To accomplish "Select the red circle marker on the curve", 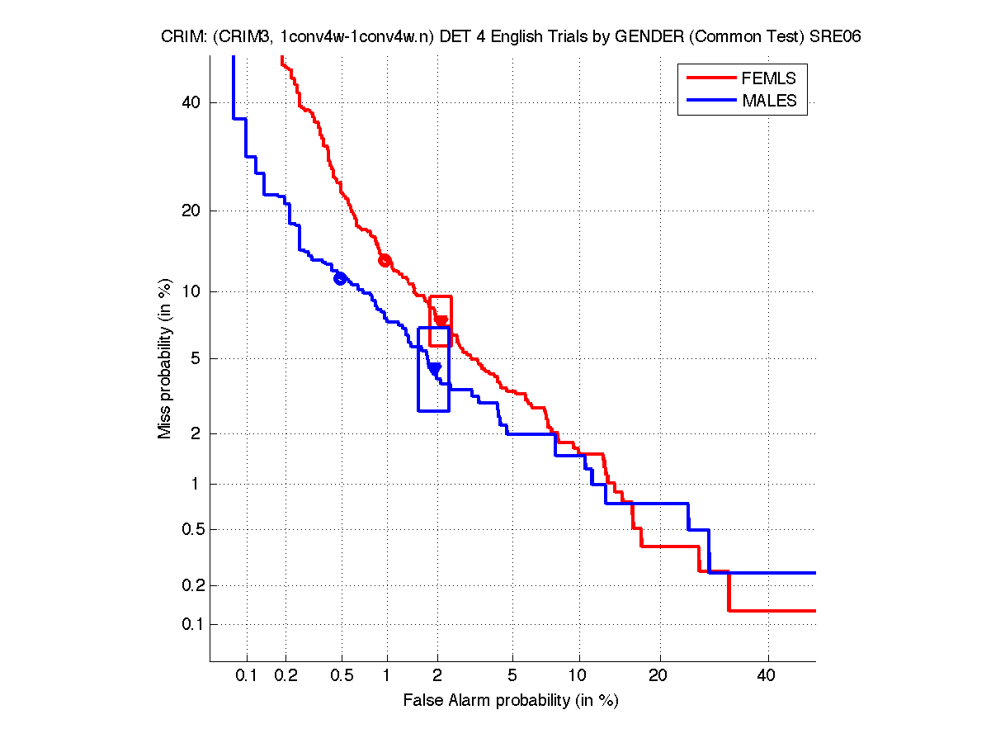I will click(x=384, y=261).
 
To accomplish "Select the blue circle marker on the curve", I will click(x=340, y=278).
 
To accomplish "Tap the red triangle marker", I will click(x=441, y=321).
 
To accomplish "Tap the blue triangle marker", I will click(x=435, y=368).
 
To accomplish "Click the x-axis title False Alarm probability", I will click(x=511, y=701).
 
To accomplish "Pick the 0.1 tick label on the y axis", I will click(x=192, y=624).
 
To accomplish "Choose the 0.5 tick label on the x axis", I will click(x=342, y=676).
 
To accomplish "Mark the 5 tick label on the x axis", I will click(x=512, y=676).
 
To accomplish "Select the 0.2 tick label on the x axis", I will click(x=286, y=676).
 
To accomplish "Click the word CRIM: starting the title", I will click(x=182, y=38).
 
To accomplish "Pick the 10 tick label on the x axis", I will click(x=579, y=676).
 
